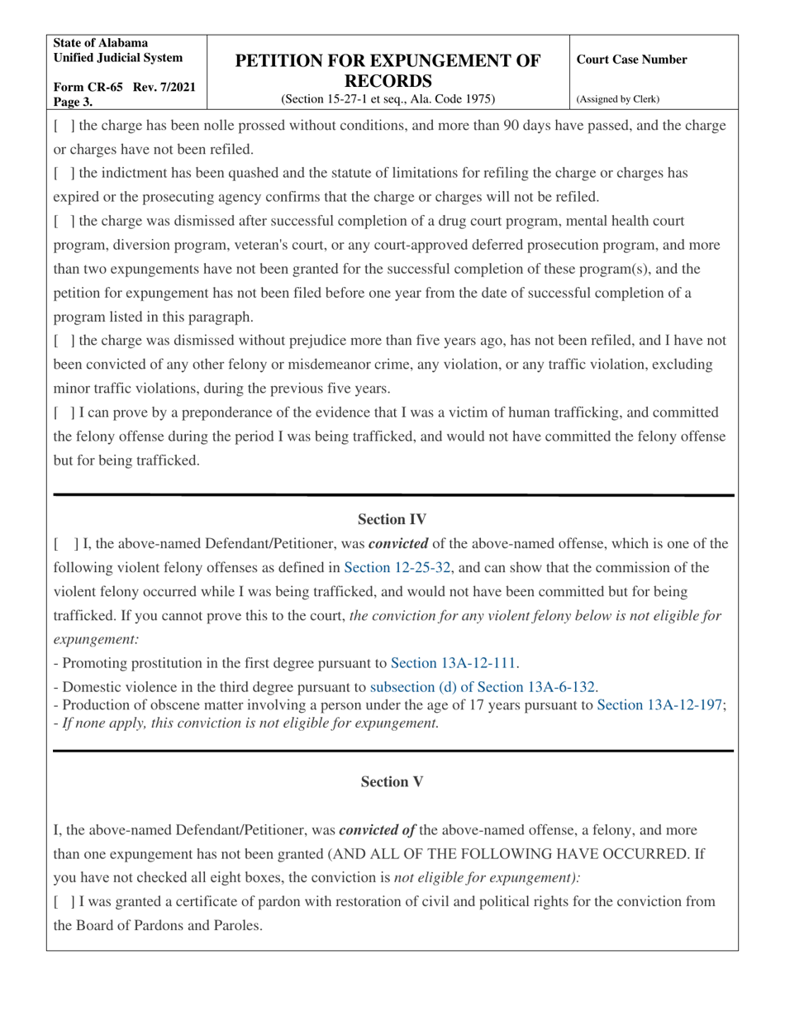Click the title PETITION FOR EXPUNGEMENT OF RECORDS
[388, 70]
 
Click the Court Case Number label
[631, 60]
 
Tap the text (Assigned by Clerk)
[618, 99]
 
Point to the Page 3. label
[74, 103]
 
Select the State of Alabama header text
[101, 43]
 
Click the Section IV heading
[392, 519]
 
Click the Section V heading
[392, 781]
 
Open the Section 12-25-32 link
[397, 567]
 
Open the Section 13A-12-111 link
[453, 663]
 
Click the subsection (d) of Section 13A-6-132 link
[483, 686]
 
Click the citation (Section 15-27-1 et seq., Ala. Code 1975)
[388, 99]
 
